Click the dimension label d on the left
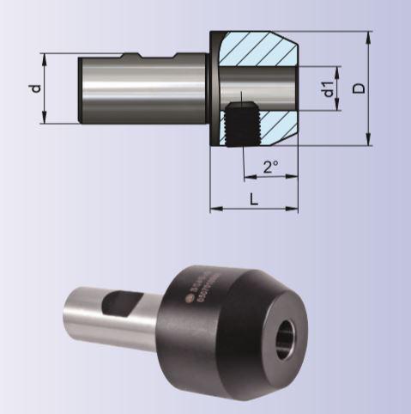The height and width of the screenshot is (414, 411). pyautogui.click(x=33, y=88)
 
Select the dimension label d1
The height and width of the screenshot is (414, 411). pyautogui.click(x=327, y=88)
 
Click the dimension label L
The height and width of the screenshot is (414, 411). pyautogui.click(x=254, y=199)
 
